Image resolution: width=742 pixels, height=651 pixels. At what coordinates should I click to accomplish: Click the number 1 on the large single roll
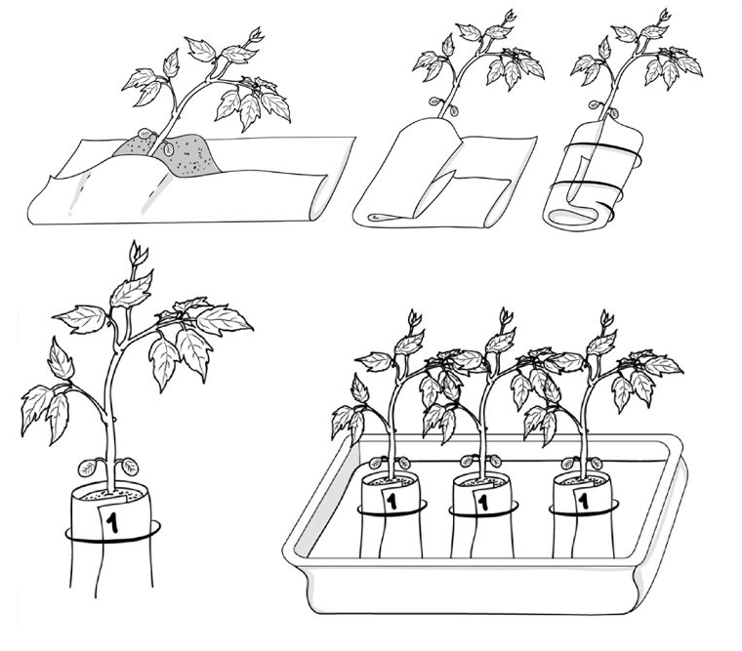112,522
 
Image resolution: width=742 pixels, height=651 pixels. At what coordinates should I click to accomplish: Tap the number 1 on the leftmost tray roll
392,501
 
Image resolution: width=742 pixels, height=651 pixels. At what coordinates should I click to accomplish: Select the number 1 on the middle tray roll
482,502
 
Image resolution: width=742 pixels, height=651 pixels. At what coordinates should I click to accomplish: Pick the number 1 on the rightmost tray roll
584,501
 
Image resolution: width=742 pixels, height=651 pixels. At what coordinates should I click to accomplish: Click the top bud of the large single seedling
139,254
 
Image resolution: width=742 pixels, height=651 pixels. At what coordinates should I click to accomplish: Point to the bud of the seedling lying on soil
256,35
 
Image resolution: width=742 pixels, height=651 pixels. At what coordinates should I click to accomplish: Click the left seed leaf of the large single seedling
88,468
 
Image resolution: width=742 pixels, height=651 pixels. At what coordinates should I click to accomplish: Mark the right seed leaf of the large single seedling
130,466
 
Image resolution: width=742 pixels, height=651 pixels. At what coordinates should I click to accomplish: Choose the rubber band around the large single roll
112,538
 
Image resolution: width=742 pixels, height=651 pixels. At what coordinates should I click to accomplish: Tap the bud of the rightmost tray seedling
606,318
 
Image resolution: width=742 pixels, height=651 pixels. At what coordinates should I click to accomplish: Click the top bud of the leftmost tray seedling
415,318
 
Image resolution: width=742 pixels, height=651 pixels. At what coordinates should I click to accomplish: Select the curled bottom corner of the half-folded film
386,218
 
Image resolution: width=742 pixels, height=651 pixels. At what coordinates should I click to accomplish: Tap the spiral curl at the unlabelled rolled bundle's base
575,216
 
